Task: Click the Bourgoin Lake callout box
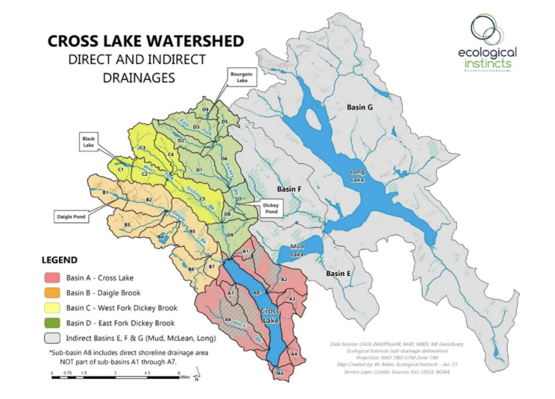tap(242, 77)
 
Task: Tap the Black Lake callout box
tap(88, 142)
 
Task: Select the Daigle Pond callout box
tap(71, 217)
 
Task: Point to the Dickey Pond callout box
tap(271, 208)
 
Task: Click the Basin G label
tap(360, 107)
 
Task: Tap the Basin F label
tap(289, 189)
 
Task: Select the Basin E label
tap(338, 273)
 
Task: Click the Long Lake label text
tap(357, 176)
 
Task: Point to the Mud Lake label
tap(297, 250)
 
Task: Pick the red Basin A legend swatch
tap(52, 278)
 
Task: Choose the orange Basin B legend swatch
tap(52, 293)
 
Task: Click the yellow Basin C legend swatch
tap(52, 308)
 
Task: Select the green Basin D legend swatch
tap(52, 323)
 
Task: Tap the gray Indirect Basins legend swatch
tap(52, 338)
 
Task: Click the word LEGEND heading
tap(59, 260)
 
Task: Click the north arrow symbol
tap(197, 374)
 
